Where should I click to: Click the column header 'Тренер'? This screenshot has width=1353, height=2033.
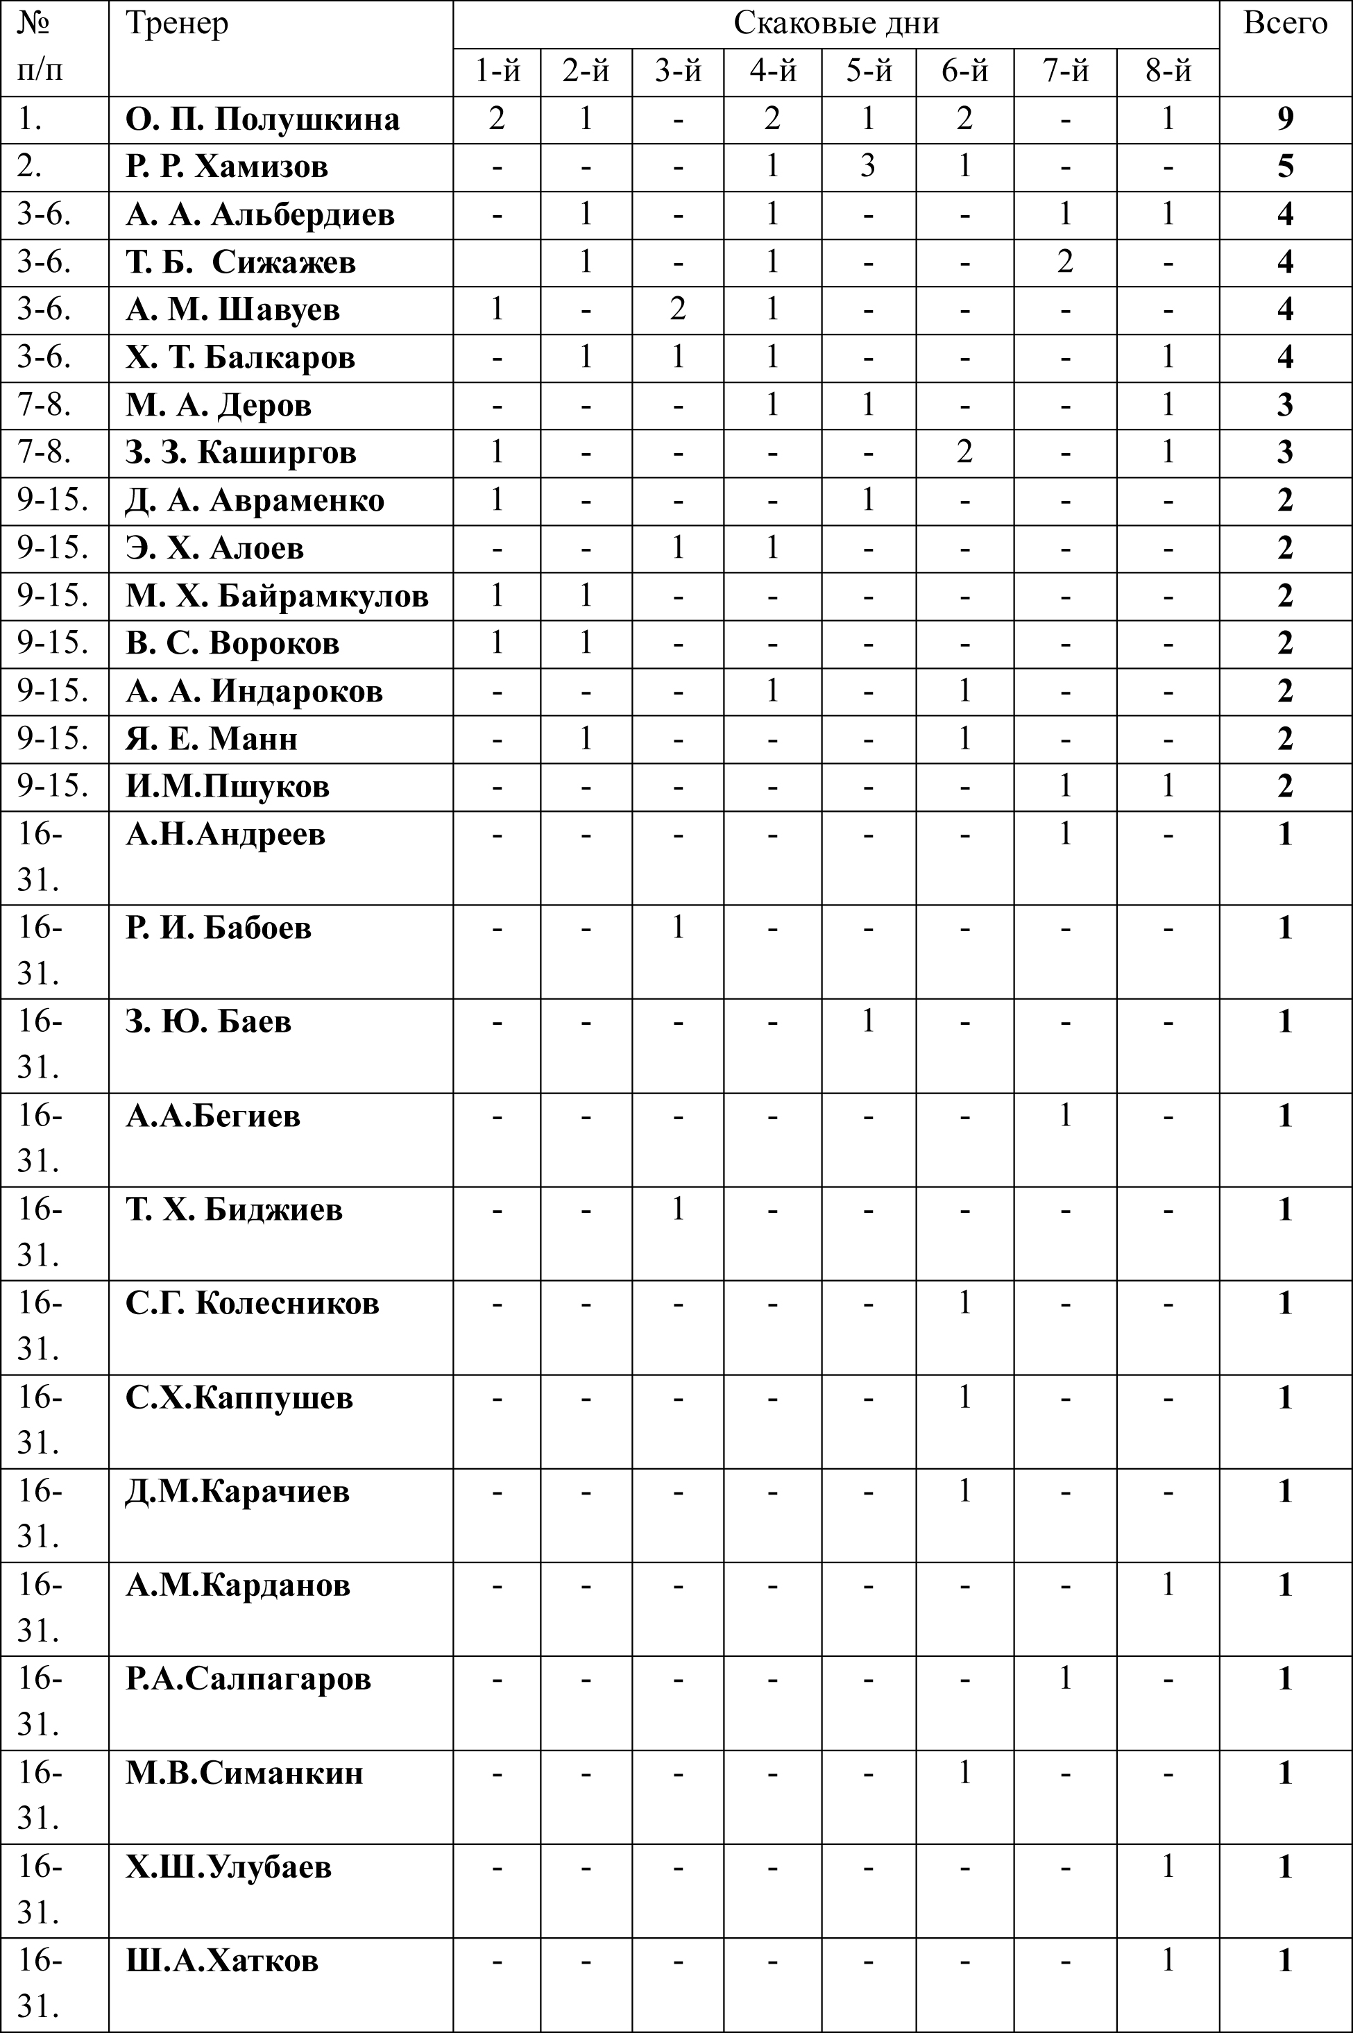177,24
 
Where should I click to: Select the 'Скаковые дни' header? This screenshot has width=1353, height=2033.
835,24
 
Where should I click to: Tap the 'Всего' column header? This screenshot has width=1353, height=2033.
1285,24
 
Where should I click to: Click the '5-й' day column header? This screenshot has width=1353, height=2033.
868,71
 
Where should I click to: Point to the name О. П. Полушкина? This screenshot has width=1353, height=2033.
262,119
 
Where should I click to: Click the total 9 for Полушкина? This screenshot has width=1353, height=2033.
1285,119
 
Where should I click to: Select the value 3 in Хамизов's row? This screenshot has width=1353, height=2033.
868,166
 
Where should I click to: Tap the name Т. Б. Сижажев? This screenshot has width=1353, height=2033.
241,262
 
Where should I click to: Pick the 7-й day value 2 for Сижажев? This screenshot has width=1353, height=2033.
1065,262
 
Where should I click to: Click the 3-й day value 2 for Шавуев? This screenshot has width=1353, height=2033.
677,309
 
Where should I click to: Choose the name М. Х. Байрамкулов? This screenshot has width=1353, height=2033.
277,595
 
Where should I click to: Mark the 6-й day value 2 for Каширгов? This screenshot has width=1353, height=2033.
964,452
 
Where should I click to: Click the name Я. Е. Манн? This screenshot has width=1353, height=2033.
212,739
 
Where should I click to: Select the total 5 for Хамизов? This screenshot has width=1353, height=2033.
1285,166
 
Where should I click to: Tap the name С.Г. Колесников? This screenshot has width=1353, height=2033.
252,1303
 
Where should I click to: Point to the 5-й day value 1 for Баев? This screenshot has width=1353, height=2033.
868,1021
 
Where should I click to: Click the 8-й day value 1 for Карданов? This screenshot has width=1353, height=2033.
1168,1584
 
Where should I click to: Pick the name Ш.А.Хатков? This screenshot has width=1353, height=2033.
222,1961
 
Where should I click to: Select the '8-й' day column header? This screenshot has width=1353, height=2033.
1168,71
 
